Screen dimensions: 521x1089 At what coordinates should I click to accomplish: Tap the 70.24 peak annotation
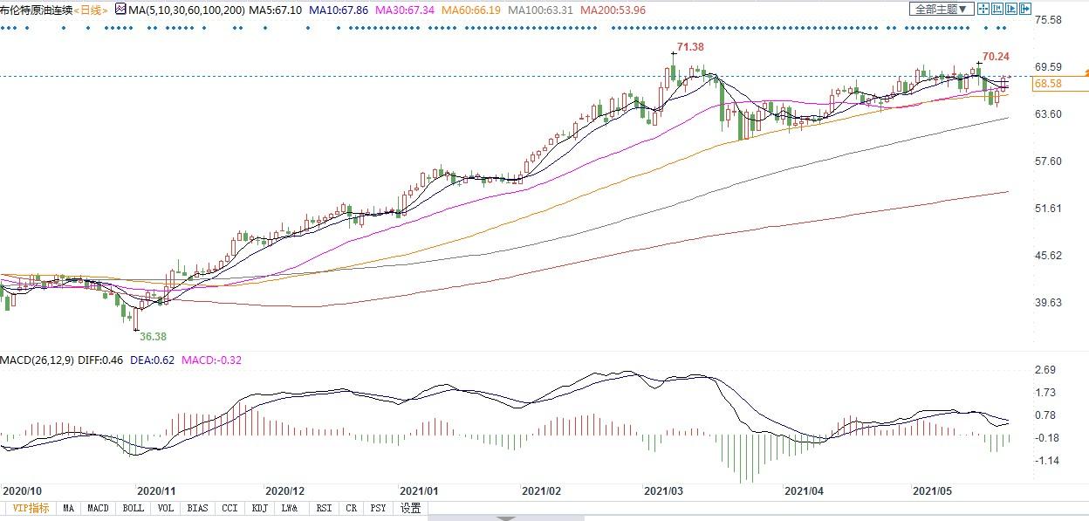coord(996,57)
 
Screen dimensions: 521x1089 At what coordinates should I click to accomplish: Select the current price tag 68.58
coord(1047,84)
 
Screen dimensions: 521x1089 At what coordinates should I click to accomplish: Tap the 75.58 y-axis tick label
coord(1046,20)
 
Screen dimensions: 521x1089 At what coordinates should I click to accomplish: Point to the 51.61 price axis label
coord(1046,209)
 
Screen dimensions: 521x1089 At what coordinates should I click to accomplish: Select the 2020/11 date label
coord(157,490)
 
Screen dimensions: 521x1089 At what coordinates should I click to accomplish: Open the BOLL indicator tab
coord(133,508)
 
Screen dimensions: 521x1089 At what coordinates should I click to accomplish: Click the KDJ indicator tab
coord(259,508)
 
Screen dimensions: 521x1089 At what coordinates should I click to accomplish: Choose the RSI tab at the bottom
coord(324,508)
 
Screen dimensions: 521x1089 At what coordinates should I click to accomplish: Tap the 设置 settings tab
coord(410,508)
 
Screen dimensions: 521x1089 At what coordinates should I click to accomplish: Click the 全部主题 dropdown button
coord(940,10)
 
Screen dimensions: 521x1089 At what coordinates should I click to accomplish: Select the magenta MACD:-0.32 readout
coord(211,360)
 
